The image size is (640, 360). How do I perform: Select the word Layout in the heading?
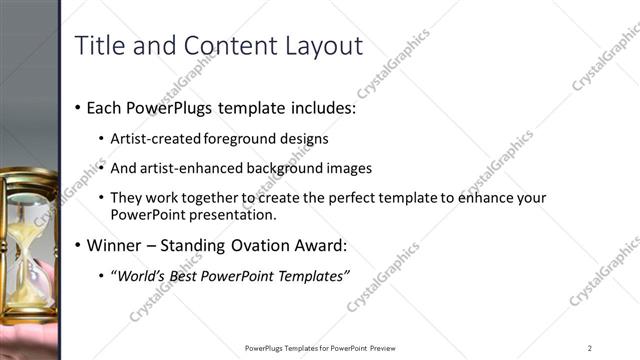[x=323, y=46]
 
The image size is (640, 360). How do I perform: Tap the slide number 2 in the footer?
[x=590, y=348]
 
